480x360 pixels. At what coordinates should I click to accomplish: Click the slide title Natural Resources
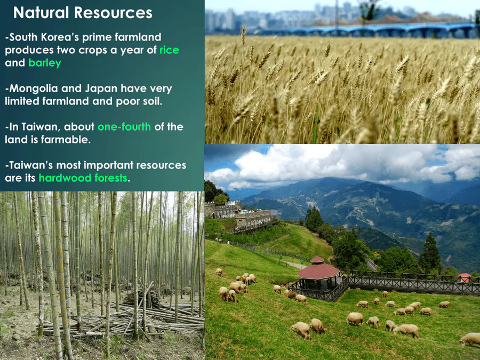[83, 13]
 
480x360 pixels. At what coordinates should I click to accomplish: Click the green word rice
[169, 50]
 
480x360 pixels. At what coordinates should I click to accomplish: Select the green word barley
[45, 63]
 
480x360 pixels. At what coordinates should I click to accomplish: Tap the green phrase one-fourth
[124, 127]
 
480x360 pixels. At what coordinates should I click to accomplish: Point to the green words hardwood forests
[83, 178]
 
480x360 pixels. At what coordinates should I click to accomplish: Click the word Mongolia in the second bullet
[34, 89]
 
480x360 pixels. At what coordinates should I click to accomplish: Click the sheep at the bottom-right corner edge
[470, 339]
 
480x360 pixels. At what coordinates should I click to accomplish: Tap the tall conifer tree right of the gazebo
[431, 253]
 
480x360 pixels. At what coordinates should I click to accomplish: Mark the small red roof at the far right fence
[465, 277]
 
